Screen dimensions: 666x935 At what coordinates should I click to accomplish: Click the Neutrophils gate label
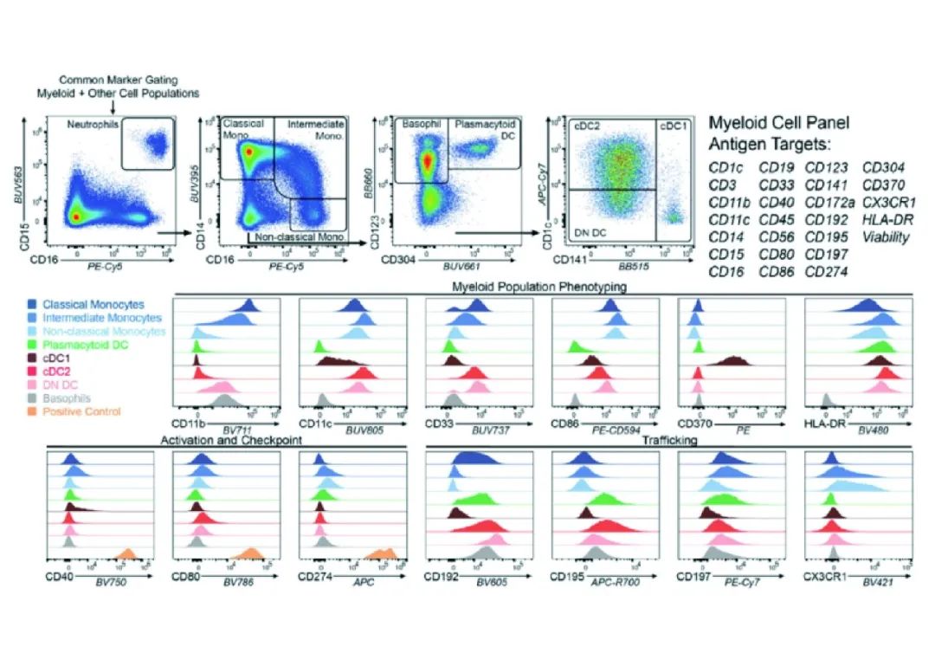93,126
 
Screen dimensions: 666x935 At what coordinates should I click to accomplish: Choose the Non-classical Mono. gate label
300,236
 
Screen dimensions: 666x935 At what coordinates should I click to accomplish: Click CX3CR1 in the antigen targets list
883,202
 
